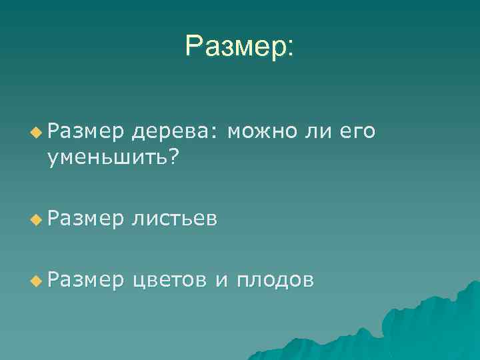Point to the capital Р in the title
(x=194, y=47)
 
